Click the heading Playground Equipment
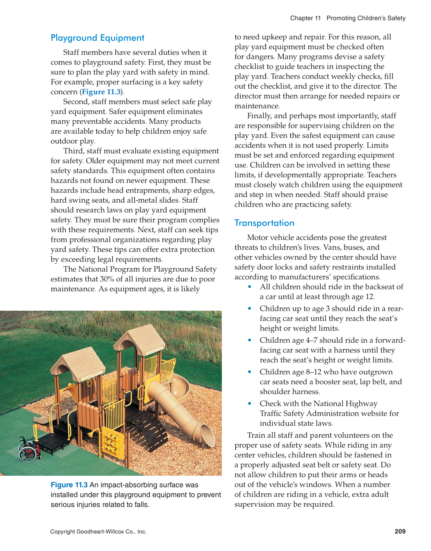point(97,38)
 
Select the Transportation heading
point(264,223)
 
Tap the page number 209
point(400,532)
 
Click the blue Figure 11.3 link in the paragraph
point(101,92)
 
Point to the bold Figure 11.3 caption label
point(69,485)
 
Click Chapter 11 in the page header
point(305,18)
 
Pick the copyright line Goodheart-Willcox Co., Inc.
point(98,532)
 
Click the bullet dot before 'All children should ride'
point(250,287)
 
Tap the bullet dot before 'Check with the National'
point(250,404)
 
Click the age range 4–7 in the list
point(311,341)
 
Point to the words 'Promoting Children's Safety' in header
point(366,18)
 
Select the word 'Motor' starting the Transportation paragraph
point(258,238)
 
